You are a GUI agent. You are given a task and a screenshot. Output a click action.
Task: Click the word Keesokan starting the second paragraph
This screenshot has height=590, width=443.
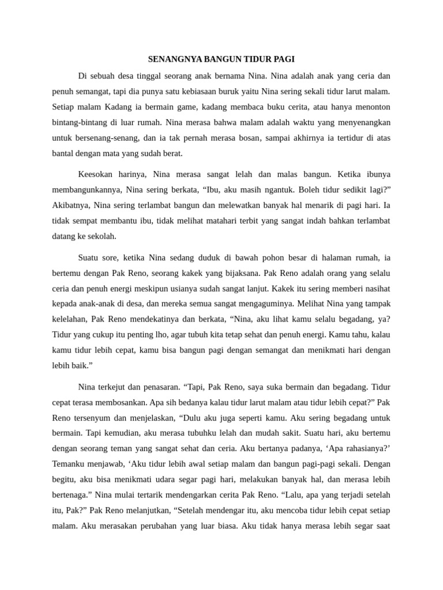tap(96, 173)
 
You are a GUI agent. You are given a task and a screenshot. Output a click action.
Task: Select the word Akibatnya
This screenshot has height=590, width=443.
tap(72, 205)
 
